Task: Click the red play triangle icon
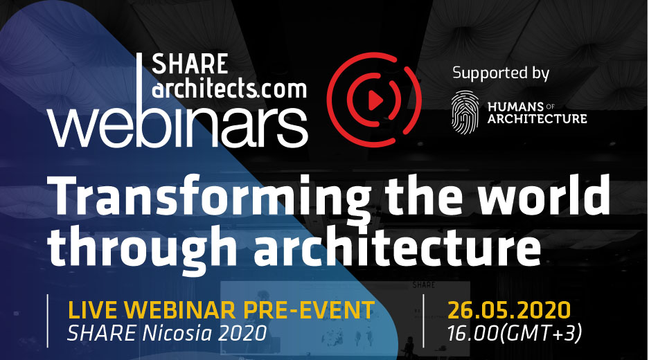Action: pos(375,100)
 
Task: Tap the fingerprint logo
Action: pos(465,113)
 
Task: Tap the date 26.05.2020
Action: pos(509,310)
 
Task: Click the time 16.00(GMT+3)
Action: pos(515,333)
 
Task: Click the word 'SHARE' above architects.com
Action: pos(190,64)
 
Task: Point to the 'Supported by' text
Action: pos(501,73)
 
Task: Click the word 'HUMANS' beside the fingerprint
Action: pos(515,107)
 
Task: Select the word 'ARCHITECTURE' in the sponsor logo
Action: pos(537,119)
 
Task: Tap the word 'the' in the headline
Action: pos(425,193)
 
